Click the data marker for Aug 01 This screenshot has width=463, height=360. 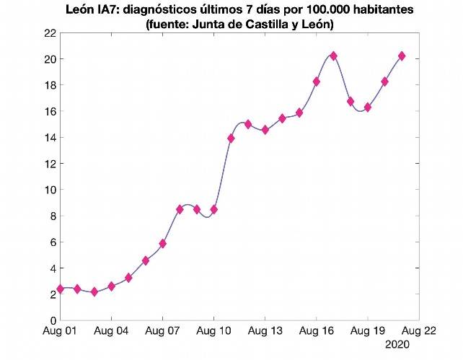click(x=61, y=289)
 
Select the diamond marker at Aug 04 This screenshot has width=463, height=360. click(x=112, y=286)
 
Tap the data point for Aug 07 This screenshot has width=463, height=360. click(x=163, y=244)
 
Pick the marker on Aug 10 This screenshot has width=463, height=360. click(x=214, y=209)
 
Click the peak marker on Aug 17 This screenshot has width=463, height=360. click(x=333, y=56)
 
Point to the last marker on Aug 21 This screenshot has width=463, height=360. click(x=402, y=56)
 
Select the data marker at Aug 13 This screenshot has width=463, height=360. click(x=265, y=130)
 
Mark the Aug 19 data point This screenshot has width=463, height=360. click(x=368, y=107)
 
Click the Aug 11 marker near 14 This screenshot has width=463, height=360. click(x=231, y=138)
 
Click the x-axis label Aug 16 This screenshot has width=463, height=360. click(x=316, y=333)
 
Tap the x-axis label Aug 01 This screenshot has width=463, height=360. click(x=61, y=333)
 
